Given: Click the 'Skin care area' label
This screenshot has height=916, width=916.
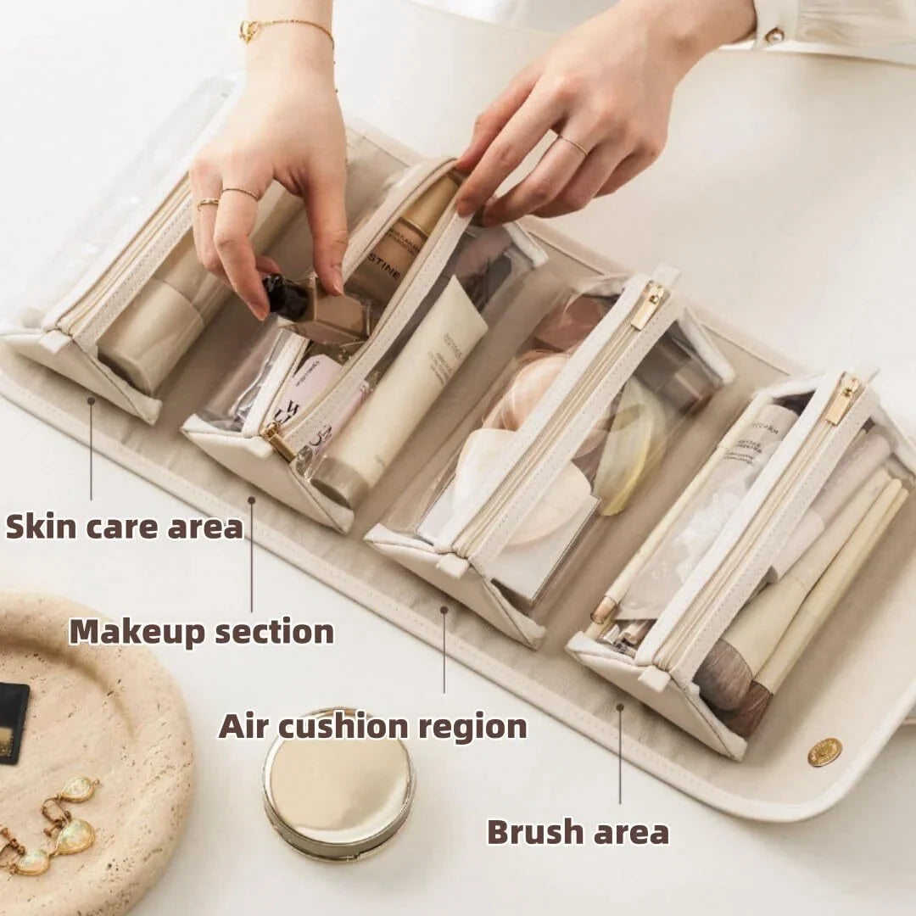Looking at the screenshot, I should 124,526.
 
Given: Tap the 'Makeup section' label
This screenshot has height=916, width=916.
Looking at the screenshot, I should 201,632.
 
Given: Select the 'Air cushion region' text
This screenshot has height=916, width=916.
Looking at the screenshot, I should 372,727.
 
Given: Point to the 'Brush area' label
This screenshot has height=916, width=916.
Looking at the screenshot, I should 578,832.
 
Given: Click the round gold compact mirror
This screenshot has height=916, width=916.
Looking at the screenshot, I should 338,783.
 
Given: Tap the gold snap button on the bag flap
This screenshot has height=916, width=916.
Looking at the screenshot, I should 824,751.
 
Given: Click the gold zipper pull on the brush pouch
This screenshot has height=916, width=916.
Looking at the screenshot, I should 842,401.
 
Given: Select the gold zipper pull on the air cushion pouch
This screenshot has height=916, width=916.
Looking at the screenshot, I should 648,304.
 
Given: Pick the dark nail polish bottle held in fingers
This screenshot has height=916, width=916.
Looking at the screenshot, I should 286,298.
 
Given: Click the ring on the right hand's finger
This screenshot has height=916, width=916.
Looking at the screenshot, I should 574,145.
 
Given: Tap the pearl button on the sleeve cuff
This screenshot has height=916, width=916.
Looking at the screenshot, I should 774,36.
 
